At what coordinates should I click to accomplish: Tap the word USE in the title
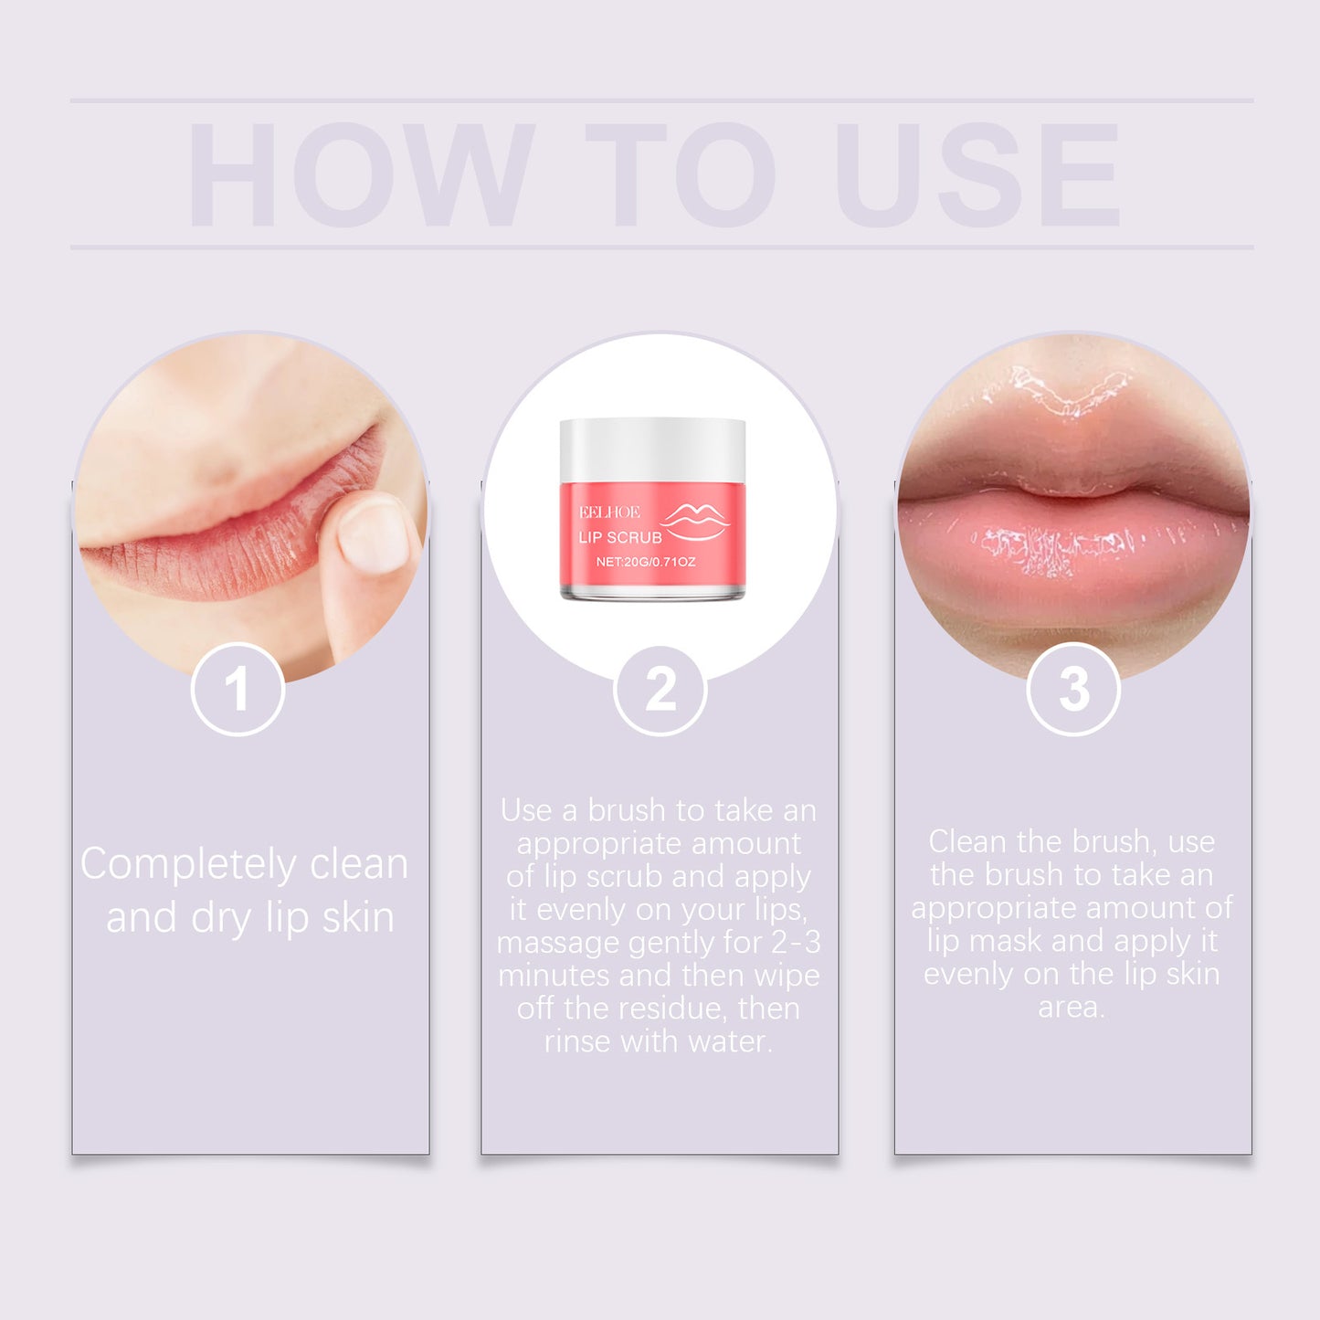[x=977, y=174]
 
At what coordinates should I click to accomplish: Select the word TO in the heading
[x=681, y=174]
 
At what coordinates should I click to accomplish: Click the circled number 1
[x=238, y=689]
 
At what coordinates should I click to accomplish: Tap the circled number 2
[x=660, y=689]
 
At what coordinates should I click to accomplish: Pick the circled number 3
[x=1073, y=689]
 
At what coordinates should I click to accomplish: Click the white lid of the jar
[x=652, y=448]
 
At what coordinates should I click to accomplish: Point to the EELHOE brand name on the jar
[x=609, y=512]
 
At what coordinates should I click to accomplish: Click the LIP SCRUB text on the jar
[x=620, y=537]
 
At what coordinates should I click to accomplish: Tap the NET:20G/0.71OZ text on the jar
[x=645, y=562]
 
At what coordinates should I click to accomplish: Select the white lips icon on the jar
[x=696, y=521]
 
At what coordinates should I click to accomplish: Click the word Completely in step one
[x=188, y=865]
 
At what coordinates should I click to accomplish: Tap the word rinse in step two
[x=577, y=1041]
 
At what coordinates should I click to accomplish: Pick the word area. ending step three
[x=1072, y=1007]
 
